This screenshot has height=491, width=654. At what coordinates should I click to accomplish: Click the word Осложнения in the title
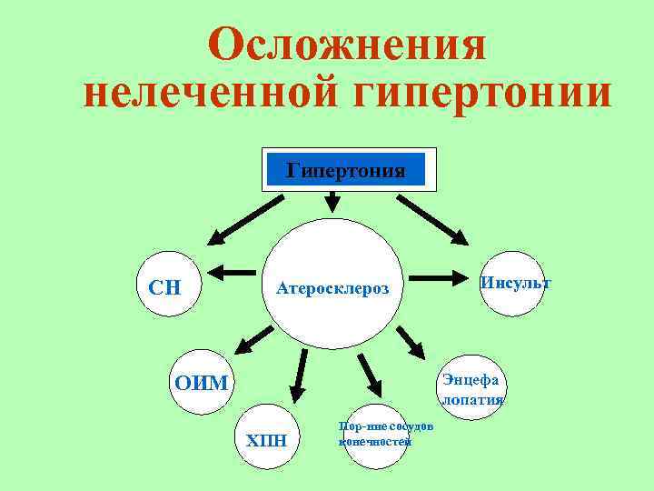tap(346, 45)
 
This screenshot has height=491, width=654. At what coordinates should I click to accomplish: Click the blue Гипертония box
tap(345, 170)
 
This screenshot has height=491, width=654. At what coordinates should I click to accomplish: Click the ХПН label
tap(267, 441)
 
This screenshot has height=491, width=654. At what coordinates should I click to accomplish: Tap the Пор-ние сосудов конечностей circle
tap(373, 436)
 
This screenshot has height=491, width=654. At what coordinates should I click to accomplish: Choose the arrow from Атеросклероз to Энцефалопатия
tap(411, 340)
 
